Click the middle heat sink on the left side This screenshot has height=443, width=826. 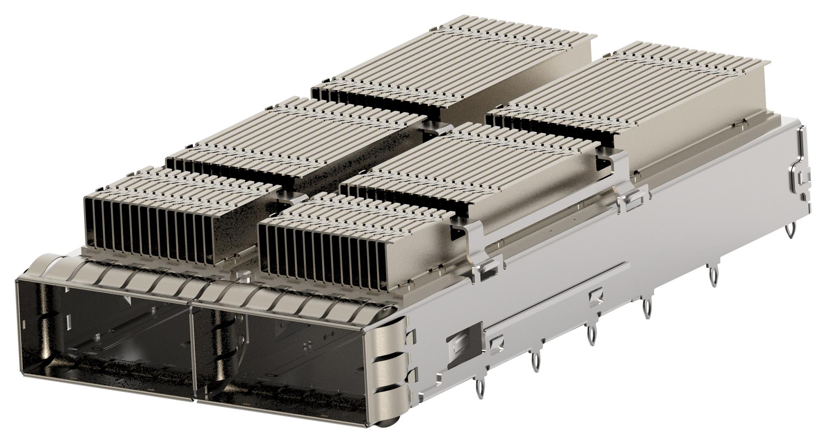tap(297, 140)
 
